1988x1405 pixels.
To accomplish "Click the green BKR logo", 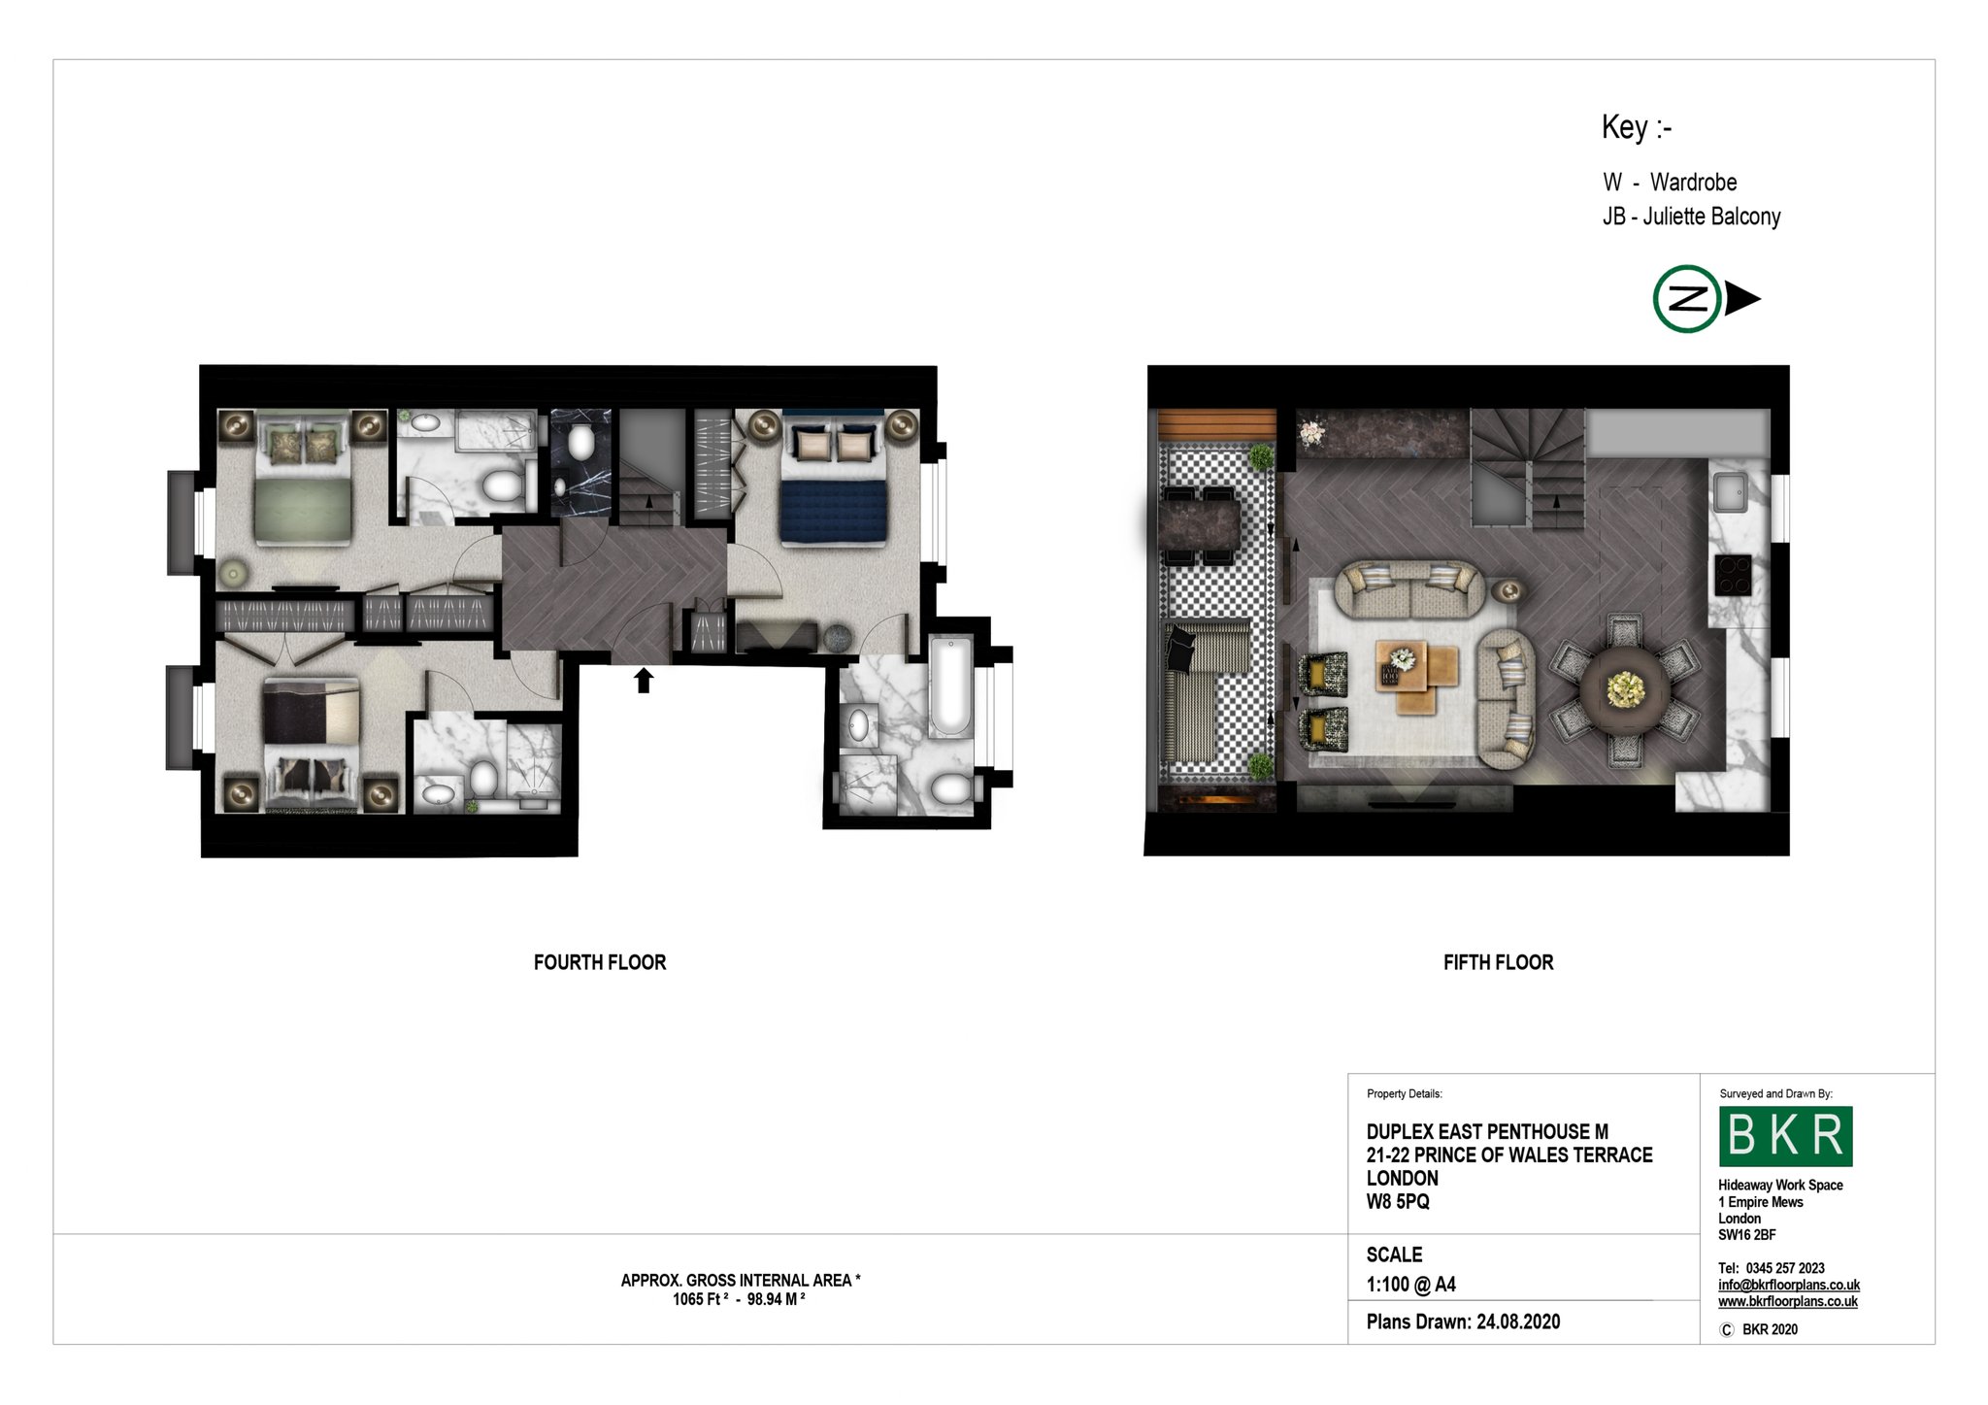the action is (1785, 1136).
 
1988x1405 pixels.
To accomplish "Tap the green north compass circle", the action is (1687, 299).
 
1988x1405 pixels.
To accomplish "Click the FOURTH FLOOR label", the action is (600, 962).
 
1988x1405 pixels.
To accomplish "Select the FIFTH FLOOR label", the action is (1498, 962).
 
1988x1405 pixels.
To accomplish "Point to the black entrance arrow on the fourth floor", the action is (644, 680).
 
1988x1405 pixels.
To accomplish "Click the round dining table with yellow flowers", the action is (1625, 689).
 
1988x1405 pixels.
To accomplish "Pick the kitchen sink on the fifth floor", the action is (1730, 491).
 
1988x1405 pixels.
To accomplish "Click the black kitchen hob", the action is (1732, 574).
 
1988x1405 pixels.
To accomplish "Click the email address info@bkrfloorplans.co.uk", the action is (1789, 1285).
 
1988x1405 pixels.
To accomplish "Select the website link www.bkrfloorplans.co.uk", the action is (1788, 1301).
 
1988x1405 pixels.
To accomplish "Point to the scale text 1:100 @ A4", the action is (1411, 1285).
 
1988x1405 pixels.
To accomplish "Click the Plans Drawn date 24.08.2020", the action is (1519, 1321).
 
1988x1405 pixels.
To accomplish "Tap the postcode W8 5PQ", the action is (1398, 1201).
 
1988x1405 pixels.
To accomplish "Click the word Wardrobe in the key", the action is (1694, 183).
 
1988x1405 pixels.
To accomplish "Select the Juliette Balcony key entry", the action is (1692, 217).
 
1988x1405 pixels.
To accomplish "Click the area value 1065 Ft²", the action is (700, 1299).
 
